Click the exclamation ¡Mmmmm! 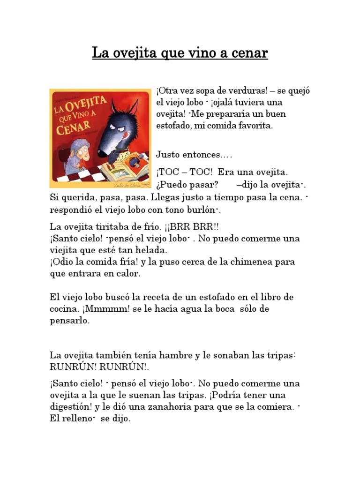104,309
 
